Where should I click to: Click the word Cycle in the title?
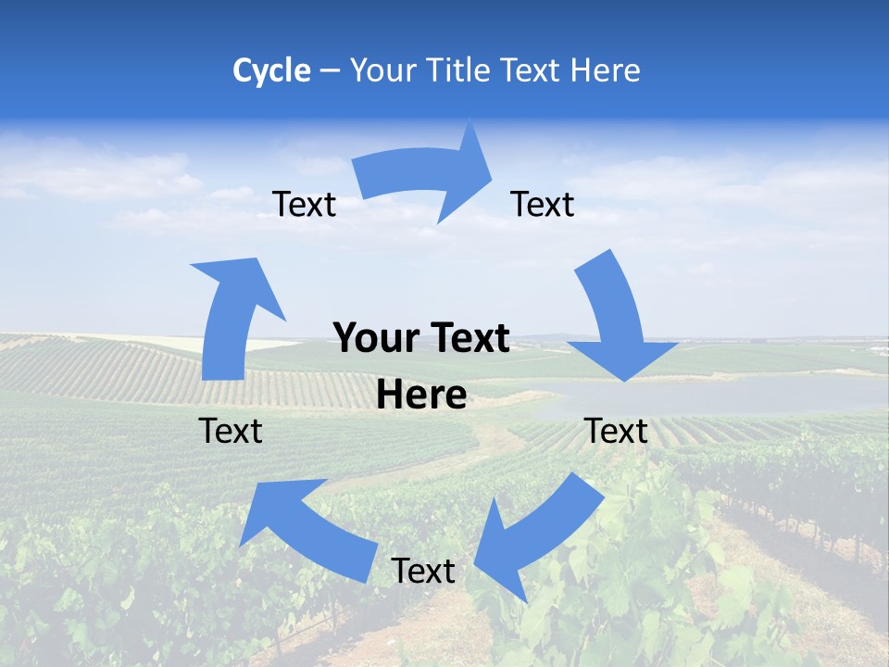tap(271, 70)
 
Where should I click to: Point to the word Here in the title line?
tap(606, 70)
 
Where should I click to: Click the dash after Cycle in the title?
tap(330, 71)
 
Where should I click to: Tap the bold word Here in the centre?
tap(421, 396)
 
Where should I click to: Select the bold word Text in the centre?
tap(466, 339)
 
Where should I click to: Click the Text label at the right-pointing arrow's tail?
tap(305, 205)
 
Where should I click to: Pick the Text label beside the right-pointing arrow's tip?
tap(543, 205)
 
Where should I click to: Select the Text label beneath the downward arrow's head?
tap(616, 431)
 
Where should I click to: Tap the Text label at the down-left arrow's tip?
tap(423, 572)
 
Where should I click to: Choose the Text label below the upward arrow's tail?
tap(231, 431)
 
